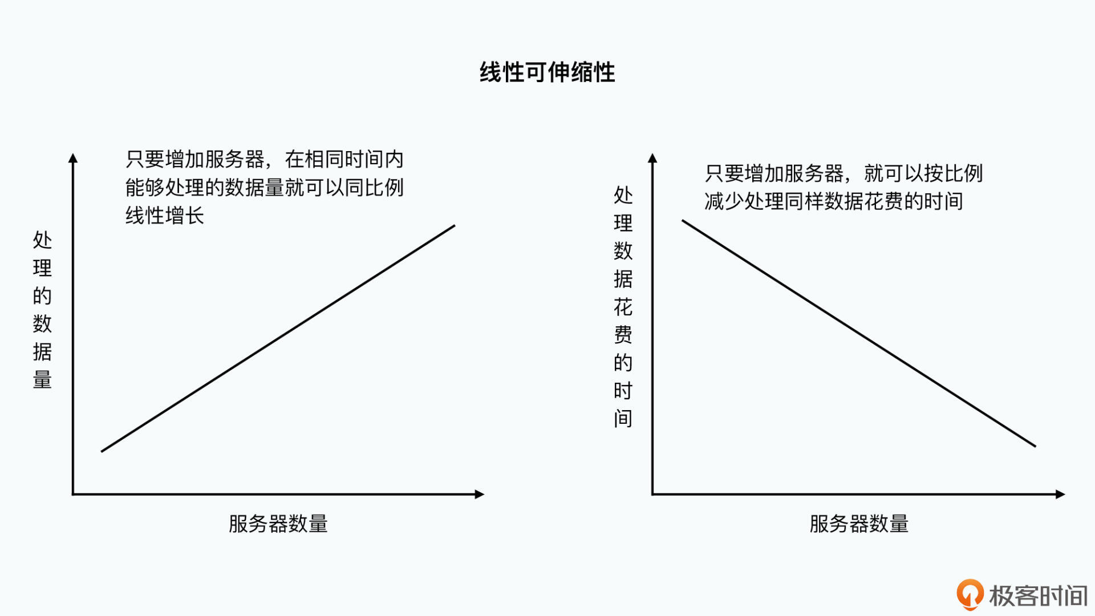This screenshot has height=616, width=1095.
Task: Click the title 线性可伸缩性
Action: pyautogui.click(x=547, y=72)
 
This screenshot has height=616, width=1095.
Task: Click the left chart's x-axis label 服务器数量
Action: pyautogui.click(x=278, y=524)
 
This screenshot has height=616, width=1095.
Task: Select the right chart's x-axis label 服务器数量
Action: pyautogui.click(x=859, y=524)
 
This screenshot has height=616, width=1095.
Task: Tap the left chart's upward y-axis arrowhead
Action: pyautogui.click(x=73, y=158)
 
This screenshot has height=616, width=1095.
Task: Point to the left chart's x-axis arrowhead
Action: pyautogui.click(x=480, y=494)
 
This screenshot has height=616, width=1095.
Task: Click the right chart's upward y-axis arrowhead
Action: pyautogui.click(x=653, y=158)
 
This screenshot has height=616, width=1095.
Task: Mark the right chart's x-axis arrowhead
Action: pyautogui.click(x=1060, y=494)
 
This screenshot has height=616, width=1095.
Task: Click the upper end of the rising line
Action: pyautogui.click(x=455, y=226)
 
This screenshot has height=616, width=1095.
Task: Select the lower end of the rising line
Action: pyautogui.click(x=102, y=451)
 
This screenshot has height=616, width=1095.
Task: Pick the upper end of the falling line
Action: pyautogui.click(x=683, y=221)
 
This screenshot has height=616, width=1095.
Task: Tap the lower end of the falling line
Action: pyautogui.click(x=1035, y=446)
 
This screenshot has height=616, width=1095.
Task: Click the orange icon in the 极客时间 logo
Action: pyautogui.click(x=970, y=594)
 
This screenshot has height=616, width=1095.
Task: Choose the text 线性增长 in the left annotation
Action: pyautogui.click(x=165, y=216)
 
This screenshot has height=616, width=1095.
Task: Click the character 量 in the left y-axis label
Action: pyautogui.click(x=42, y=379)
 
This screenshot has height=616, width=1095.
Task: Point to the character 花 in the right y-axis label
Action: pyautogui.click(x=623, y=307)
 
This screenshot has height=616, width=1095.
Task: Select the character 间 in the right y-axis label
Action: pyautogui.click(x=623, y=419)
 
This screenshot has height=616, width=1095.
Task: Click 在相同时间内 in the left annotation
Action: pyautogui.click(x=344, y=159)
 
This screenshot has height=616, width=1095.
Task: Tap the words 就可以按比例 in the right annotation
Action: pyautogui.click(x=923, y=173)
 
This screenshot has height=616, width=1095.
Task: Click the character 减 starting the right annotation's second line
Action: pyautogui.click(x=715, y=201)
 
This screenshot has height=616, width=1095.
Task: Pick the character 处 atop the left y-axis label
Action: pyautogui.click(x=42, y=240)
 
